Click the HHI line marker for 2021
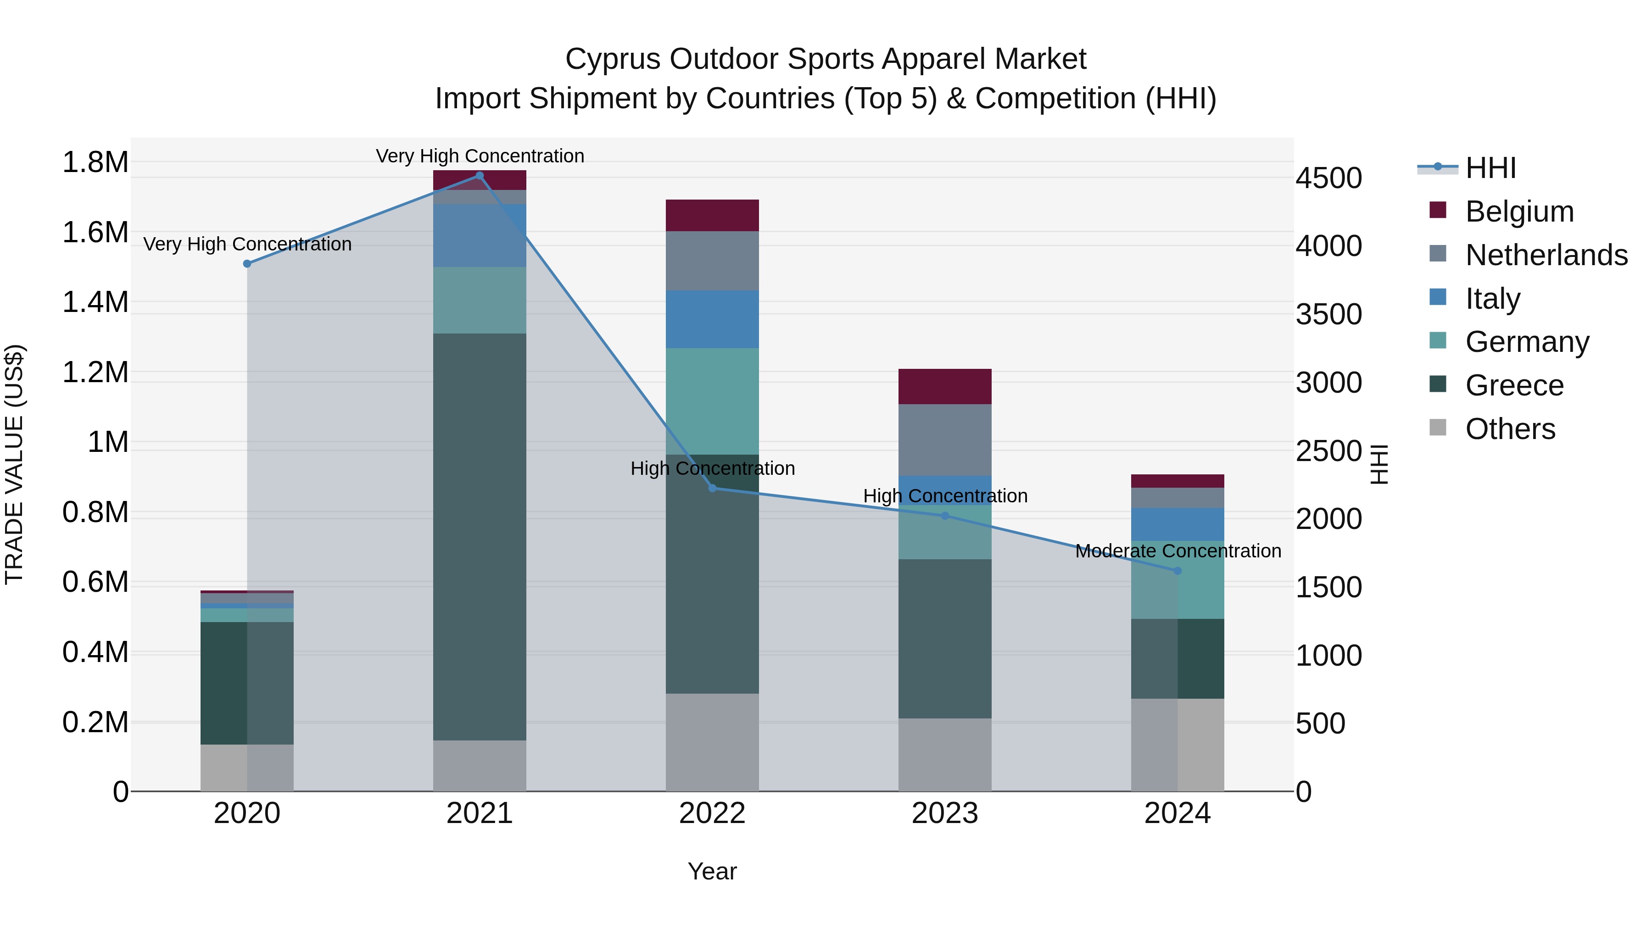click(x=480, y=176)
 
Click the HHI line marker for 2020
click(x=247, y=263)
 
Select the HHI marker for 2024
click(x=1178, y=571)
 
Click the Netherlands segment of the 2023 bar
click(x=945, y=440)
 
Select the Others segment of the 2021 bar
click(x=480, y=766)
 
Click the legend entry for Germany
click(x=1527, y=342)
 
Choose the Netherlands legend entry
click(x=1546, y=255)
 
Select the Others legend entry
click(x=1510, y=429)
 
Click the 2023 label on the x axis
click(x=945, y=813)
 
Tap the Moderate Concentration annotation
click(x=1178, y=551)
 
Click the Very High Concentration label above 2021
click(x=480, y=156)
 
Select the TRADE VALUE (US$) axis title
click(x=14, y=464)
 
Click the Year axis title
click(x=712, y=871)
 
